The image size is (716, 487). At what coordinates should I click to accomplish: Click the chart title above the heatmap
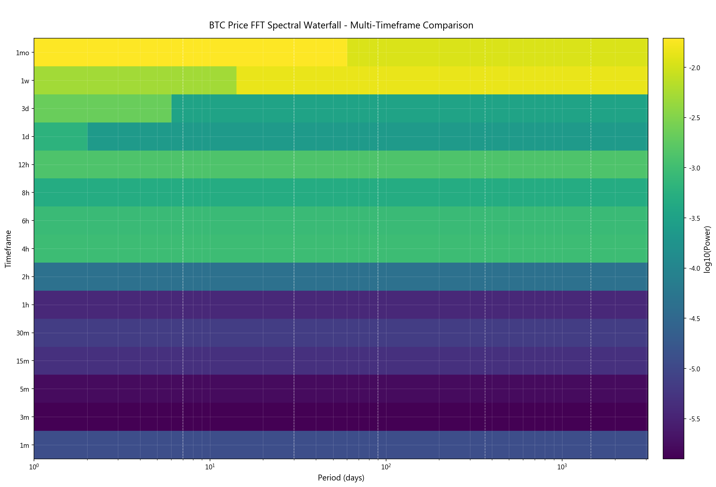point(341,25)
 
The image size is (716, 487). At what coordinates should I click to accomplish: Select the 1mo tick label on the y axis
point(23,53)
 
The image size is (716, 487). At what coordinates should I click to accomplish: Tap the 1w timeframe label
point(25,81)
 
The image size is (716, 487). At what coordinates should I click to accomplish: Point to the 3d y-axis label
point(25,109)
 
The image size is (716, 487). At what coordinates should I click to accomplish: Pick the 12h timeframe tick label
point(24,165)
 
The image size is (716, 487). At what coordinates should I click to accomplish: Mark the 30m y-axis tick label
point(23,333)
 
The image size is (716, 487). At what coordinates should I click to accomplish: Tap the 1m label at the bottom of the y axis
point(24,446)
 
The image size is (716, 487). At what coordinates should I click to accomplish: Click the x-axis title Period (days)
point(341,478)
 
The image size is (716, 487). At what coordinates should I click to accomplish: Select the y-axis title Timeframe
point(8,249)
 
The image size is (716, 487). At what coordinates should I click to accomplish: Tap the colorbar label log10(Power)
point(708,249)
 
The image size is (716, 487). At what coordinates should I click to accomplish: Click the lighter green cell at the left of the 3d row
point(103,108)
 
